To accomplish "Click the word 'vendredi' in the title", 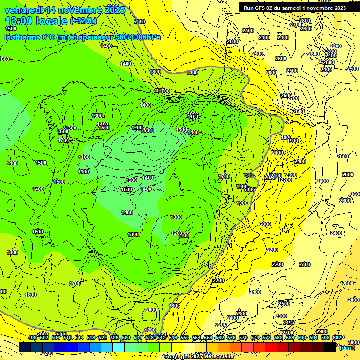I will pos(23,9).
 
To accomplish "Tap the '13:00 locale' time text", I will pos(36,21).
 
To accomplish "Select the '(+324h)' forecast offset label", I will pos(83,21).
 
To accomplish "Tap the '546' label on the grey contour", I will pos(249,175).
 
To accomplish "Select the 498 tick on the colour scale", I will pos(32,337).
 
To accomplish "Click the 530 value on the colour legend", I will pos(126,337).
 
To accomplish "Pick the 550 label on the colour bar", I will pos(185,337).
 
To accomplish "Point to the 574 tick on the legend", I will pos(255,337).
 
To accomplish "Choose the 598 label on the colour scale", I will pos(325,337).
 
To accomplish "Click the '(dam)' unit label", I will pos(347,347).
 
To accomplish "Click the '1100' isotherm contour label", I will pos(184,235).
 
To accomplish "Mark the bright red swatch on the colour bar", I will pos(271,347).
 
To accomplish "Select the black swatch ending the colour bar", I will pos(330,347).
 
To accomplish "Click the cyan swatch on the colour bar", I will pos(119,347).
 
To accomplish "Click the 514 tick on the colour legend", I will pos(79,337).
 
